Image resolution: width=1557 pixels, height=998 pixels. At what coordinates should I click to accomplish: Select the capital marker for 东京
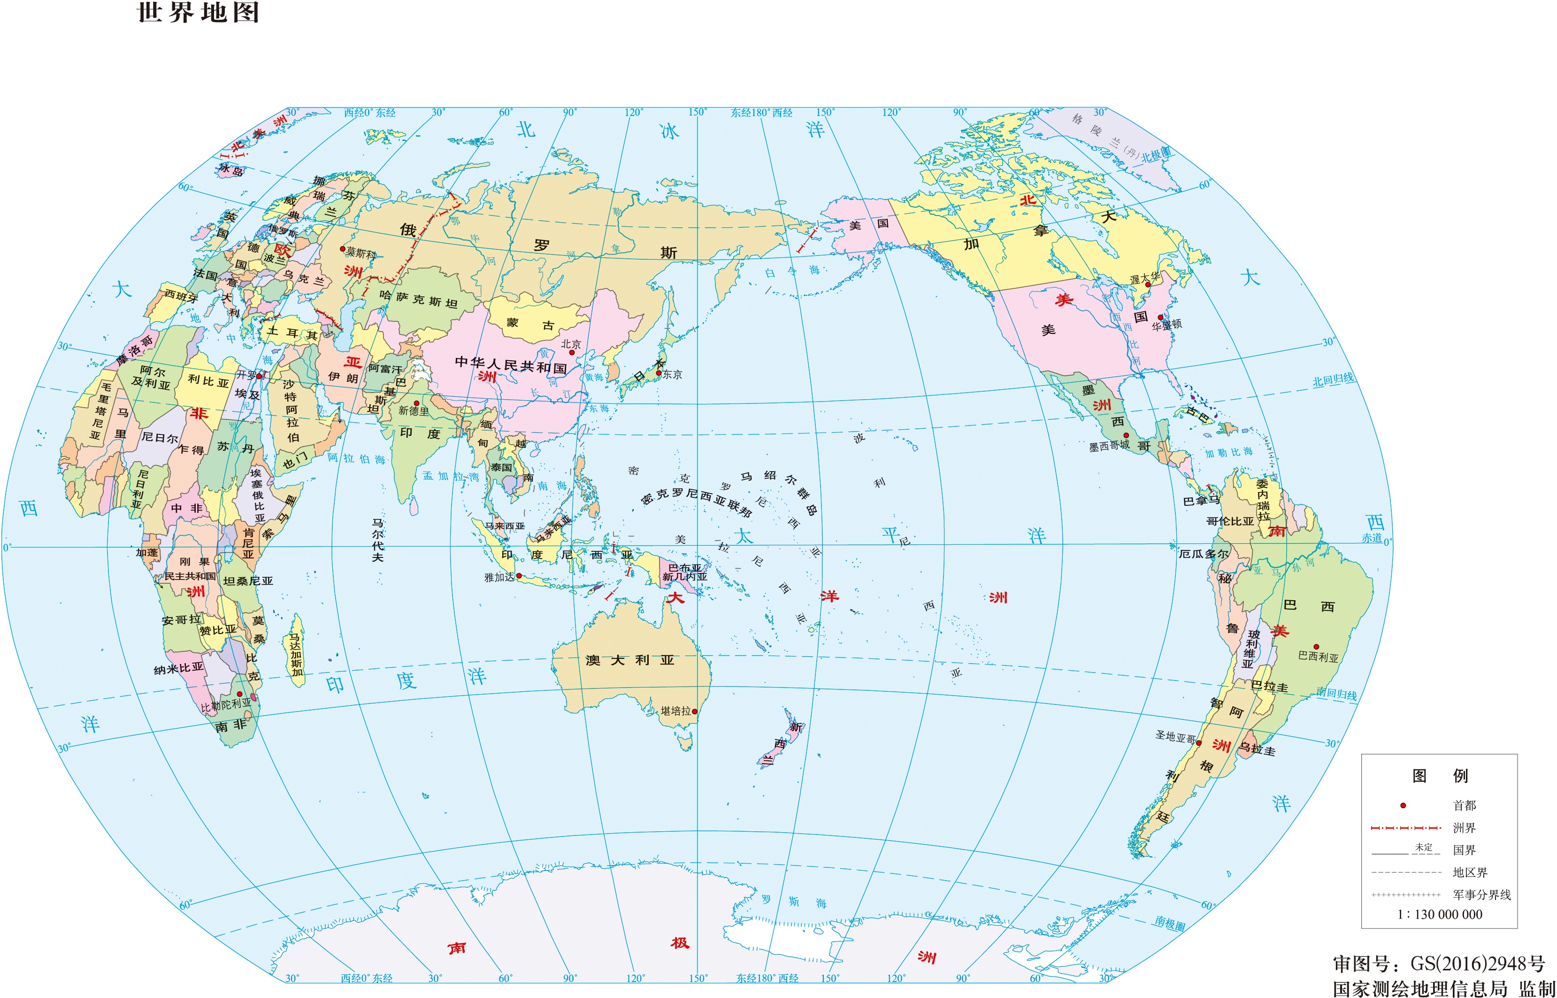[659, 372]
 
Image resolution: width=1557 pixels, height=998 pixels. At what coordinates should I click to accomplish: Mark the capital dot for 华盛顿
[1160, 317]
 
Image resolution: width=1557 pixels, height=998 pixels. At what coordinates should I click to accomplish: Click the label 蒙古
[530, 324]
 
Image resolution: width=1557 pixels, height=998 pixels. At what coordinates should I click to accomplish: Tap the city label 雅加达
[499, 577]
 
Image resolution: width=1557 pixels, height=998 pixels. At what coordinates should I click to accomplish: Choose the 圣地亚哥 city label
[1175, 737]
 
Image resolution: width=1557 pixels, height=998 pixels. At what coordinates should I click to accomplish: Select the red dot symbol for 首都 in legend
[1403, 805]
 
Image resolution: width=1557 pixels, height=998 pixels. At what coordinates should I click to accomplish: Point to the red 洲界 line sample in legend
[1405, 828]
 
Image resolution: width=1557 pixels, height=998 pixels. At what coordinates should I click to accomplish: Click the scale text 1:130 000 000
[1440, 914]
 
